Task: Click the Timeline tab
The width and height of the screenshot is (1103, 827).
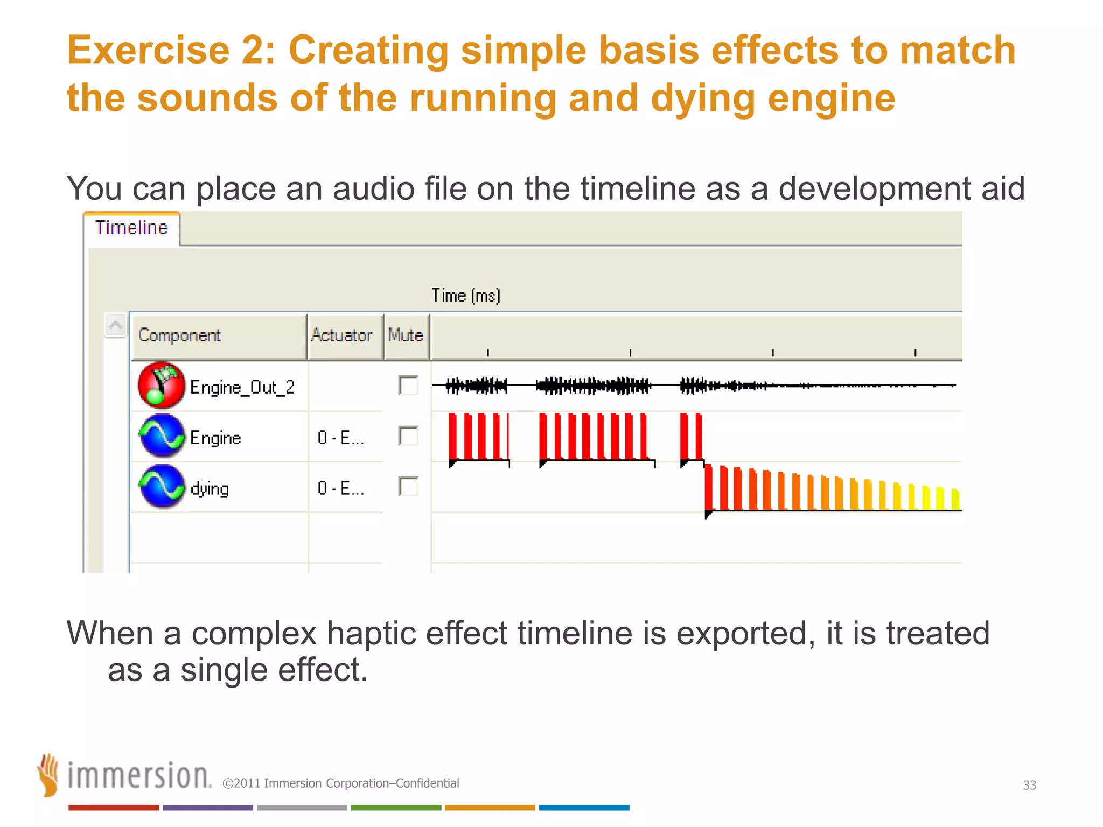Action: coord(131,228)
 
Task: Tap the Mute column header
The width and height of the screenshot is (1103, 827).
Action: coord(406,336)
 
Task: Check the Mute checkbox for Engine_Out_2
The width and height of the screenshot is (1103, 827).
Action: coord(408,386)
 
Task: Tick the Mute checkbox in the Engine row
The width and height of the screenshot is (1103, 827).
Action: coord(408,436)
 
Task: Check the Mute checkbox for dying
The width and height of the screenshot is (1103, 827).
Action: coord(408,487)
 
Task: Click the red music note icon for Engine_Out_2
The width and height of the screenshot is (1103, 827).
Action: coord(161,386)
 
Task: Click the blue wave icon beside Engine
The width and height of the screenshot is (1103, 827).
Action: coord(161,436)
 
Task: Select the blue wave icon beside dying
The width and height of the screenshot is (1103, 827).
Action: coord(161,487)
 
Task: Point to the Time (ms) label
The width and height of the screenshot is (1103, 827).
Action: coord(466,296)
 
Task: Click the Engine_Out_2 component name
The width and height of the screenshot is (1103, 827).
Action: coord(242,387)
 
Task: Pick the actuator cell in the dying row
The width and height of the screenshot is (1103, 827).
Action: coord(341,488)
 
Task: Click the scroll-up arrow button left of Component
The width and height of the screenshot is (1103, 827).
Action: coord(115,325)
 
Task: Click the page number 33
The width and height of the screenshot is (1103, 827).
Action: coord(1029,785)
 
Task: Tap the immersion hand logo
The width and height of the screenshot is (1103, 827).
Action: coord(48,775)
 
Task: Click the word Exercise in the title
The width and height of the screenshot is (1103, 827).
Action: coord(148,51)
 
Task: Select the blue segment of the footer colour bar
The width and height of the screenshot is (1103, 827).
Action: coord(584,808)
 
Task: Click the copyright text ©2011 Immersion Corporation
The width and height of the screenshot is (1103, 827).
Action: coord(340,783)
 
